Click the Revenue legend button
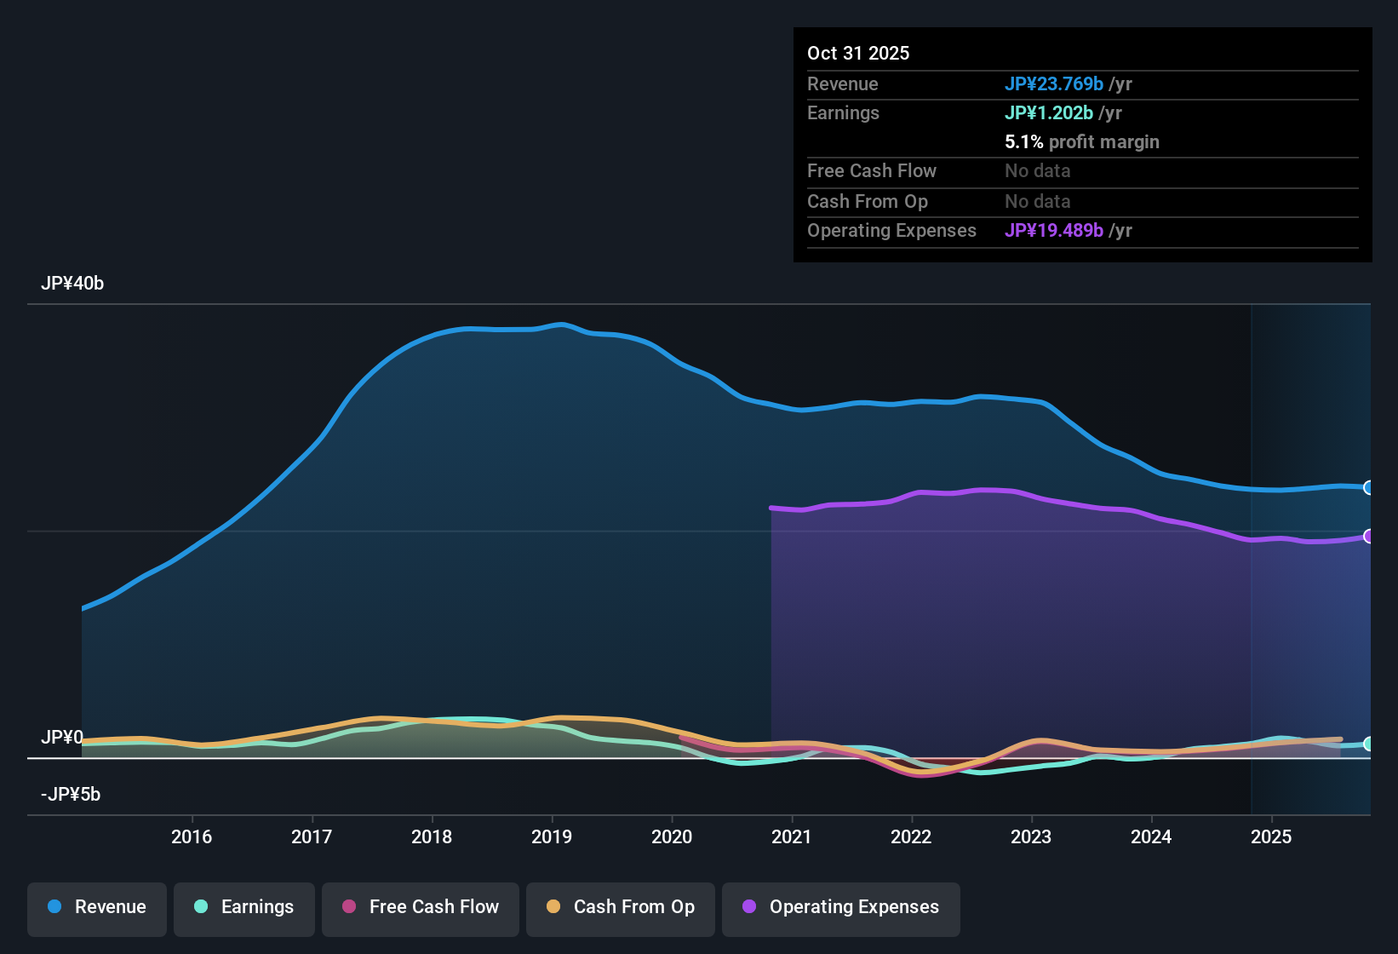pos(97,907)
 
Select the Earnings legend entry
pos(244,907)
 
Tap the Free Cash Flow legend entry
pos(421,907)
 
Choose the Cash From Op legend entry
pos(621,907)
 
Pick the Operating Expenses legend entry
pos(841,907)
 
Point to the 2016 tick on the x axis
pos(192,836)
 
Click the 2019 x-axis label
pos(552,836)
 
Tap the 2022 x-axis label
pos(911,836)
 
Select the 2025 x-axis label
pos(1271,836)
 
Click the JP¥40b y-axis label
pos(72,284)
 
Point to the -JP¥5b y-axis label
pos(71,795)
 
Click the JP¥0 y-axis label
pos(62,738)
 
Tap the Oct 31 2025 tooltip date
pos(858,53)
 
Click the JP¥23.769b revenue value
pos(1054,83)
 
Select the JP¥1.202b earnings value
pos(1049,112)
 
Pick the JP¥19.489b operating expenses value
pos(1054,230)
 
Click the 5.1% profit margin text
pos(1081,141)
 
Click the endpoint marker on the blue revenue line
pos(1368,487)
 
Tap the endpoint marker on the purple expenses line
pos(1368,536)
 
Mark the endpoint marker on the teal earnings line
pos(1368,744)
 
